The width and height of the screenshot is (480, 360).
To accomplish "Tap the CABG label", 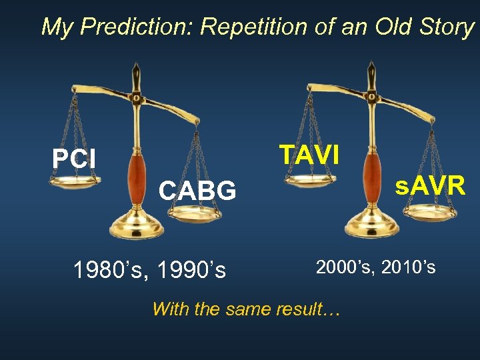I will [x=197, y=191].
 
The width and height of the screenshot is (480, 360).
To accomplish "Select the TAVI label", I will [x=309, y=155].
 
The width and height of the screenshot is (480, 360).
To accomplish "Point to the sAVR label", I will [x=429, y=186].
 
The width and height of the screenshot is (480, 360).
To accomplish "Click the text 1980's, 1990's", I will [x=149, y=271].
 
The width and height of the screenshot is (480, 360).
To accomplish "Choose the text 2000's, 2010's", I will [x=375, y=267].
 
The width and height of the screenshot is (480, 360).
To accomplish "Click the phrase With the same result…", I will [x=246, y=309].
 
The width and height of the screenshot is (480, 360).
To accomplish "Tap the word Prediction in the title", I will [x=138, y=27].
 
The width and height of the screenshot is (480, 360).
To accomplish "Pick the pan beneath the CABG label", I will [x=195, y=213].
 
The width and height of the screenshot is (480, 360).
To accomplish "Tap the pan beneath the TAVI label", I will [x=310, y=179].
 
